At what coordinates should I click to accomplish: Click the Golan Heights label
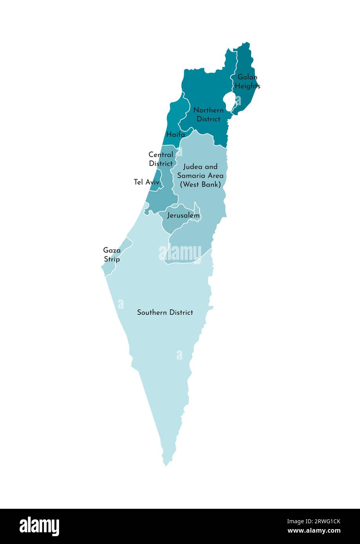pos(247,81)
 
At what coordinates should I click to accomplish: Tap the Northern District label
pos(208,115)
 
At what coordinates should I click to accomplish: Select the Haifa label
pos(175,135)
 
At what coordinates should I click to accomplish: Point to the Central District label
pos(160,159)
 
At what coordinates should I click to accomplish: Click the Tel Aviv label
pos(146,182)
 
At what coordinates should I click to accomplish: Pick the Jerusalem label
pos(183,216)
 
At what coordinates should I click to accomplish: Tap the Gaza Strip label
pos(112,254)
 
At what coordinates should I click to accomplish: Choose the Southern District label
pos(165,312)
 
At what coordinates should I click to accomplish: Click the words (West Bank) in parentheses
pos(200,184)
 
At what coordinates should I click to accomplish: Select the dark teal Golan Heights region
pos(246,63)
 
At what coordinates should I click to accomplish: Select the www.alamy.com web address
pos(314,531)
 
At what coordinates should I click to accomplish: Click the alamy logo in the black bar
pos(40,526)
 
